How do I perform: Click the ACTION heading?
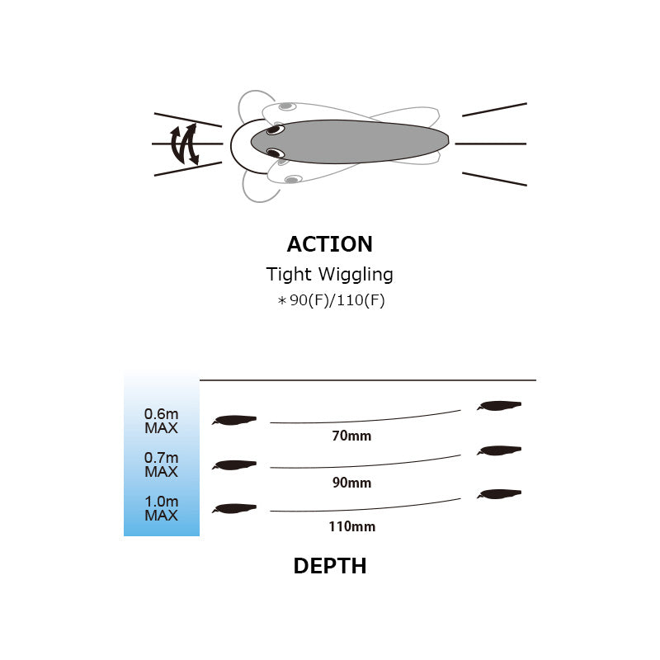coord(329,244)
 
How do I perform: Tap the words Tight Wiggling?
coord(329,275)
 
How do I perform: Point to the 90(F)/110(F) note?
coord(331,300)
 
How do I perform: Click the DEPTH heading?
coord(329,566)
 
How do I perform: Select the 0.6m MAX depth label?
coord(161,421)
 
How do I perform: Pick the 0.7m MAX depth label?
coord(161,464)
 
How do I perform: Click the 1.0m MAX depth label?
coord(161,508)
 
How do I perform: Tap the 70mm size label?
coord(351,436)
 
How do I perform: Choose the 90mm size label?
coord(351,483)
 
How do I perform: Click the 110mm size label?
coord(352,526)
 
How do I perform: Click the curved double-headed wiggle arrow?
coord(184,144)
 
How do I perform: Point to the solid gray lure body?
coord(349,142)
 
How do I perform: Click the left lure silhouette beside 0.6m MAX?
coord(234,420)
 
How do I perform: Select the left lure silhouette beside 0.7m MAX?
coord(234,465)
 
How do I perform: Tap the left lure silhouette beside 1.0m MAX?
coord(234,508)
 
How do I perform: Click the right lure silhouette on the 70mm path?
coord(499,405)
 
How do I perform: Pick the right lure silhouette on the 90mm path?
coord(499,450)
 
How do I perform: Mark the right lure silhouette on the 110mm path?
coord(499,493)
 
